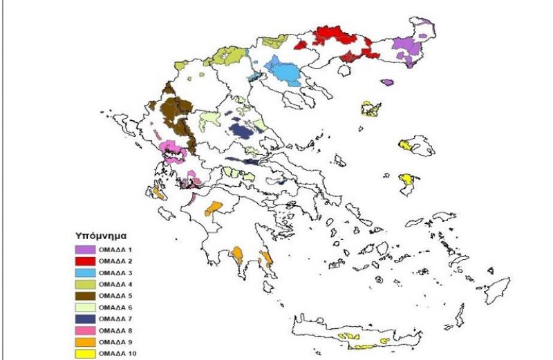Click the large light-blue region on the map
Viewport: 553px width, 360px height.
pos(283,69)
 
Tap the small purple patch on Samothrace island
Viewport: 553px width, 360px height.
pos(387,82)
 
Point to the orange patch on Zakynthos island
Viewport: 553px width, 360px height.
pos(159,193)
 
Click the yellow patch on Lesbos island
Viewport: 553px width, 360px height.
pos(406,145)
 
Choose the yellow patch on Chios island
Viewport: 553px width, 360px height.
pos(408,180)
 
